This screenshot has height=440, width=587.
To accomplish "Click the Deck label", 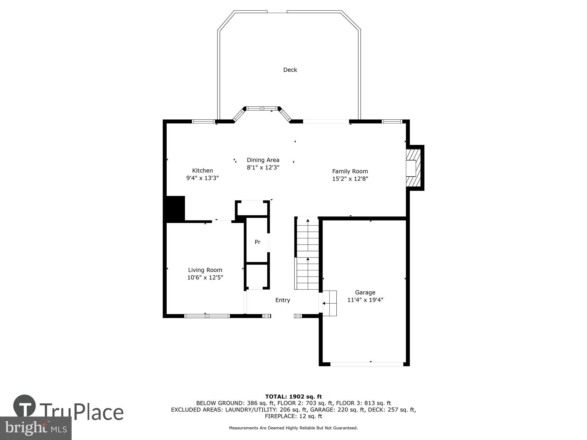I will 290,70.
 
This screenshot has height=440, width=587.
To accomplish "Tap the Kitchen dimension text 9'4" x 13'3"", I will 203,178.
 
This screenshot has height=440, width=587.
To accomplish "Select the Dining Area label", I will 263,160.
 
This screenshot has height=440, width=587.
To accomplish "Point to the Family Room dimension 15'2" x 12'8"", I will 350,179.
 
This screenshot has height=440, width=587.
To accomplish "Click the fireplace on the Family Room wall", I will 413,168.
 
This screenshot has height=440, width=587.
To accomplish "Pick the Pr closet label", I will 257,242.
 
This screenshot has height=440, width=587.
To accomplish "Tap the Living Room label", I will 205,270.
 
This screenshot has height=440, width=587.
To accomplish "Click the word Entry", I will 283,300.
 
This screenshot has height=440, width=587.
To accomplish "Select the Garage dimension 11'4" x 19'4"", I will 365,300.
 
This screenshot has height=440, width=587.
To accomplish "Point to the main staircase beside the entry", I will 307,253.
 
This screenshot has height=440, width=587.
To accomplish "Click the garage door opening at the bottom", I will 367,364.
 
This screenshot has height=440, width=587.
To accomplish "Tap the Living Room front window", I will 207,316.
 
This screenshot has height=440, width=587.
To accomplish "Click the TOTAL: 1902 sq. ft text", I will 293,397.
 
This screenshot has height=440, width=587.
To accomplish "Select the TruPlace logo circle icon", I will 25,406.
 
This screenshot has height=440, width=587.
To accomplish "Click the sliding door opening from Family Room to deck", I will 326,121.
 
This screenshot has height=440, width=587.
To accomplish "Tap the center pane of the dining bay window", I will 262,109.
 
